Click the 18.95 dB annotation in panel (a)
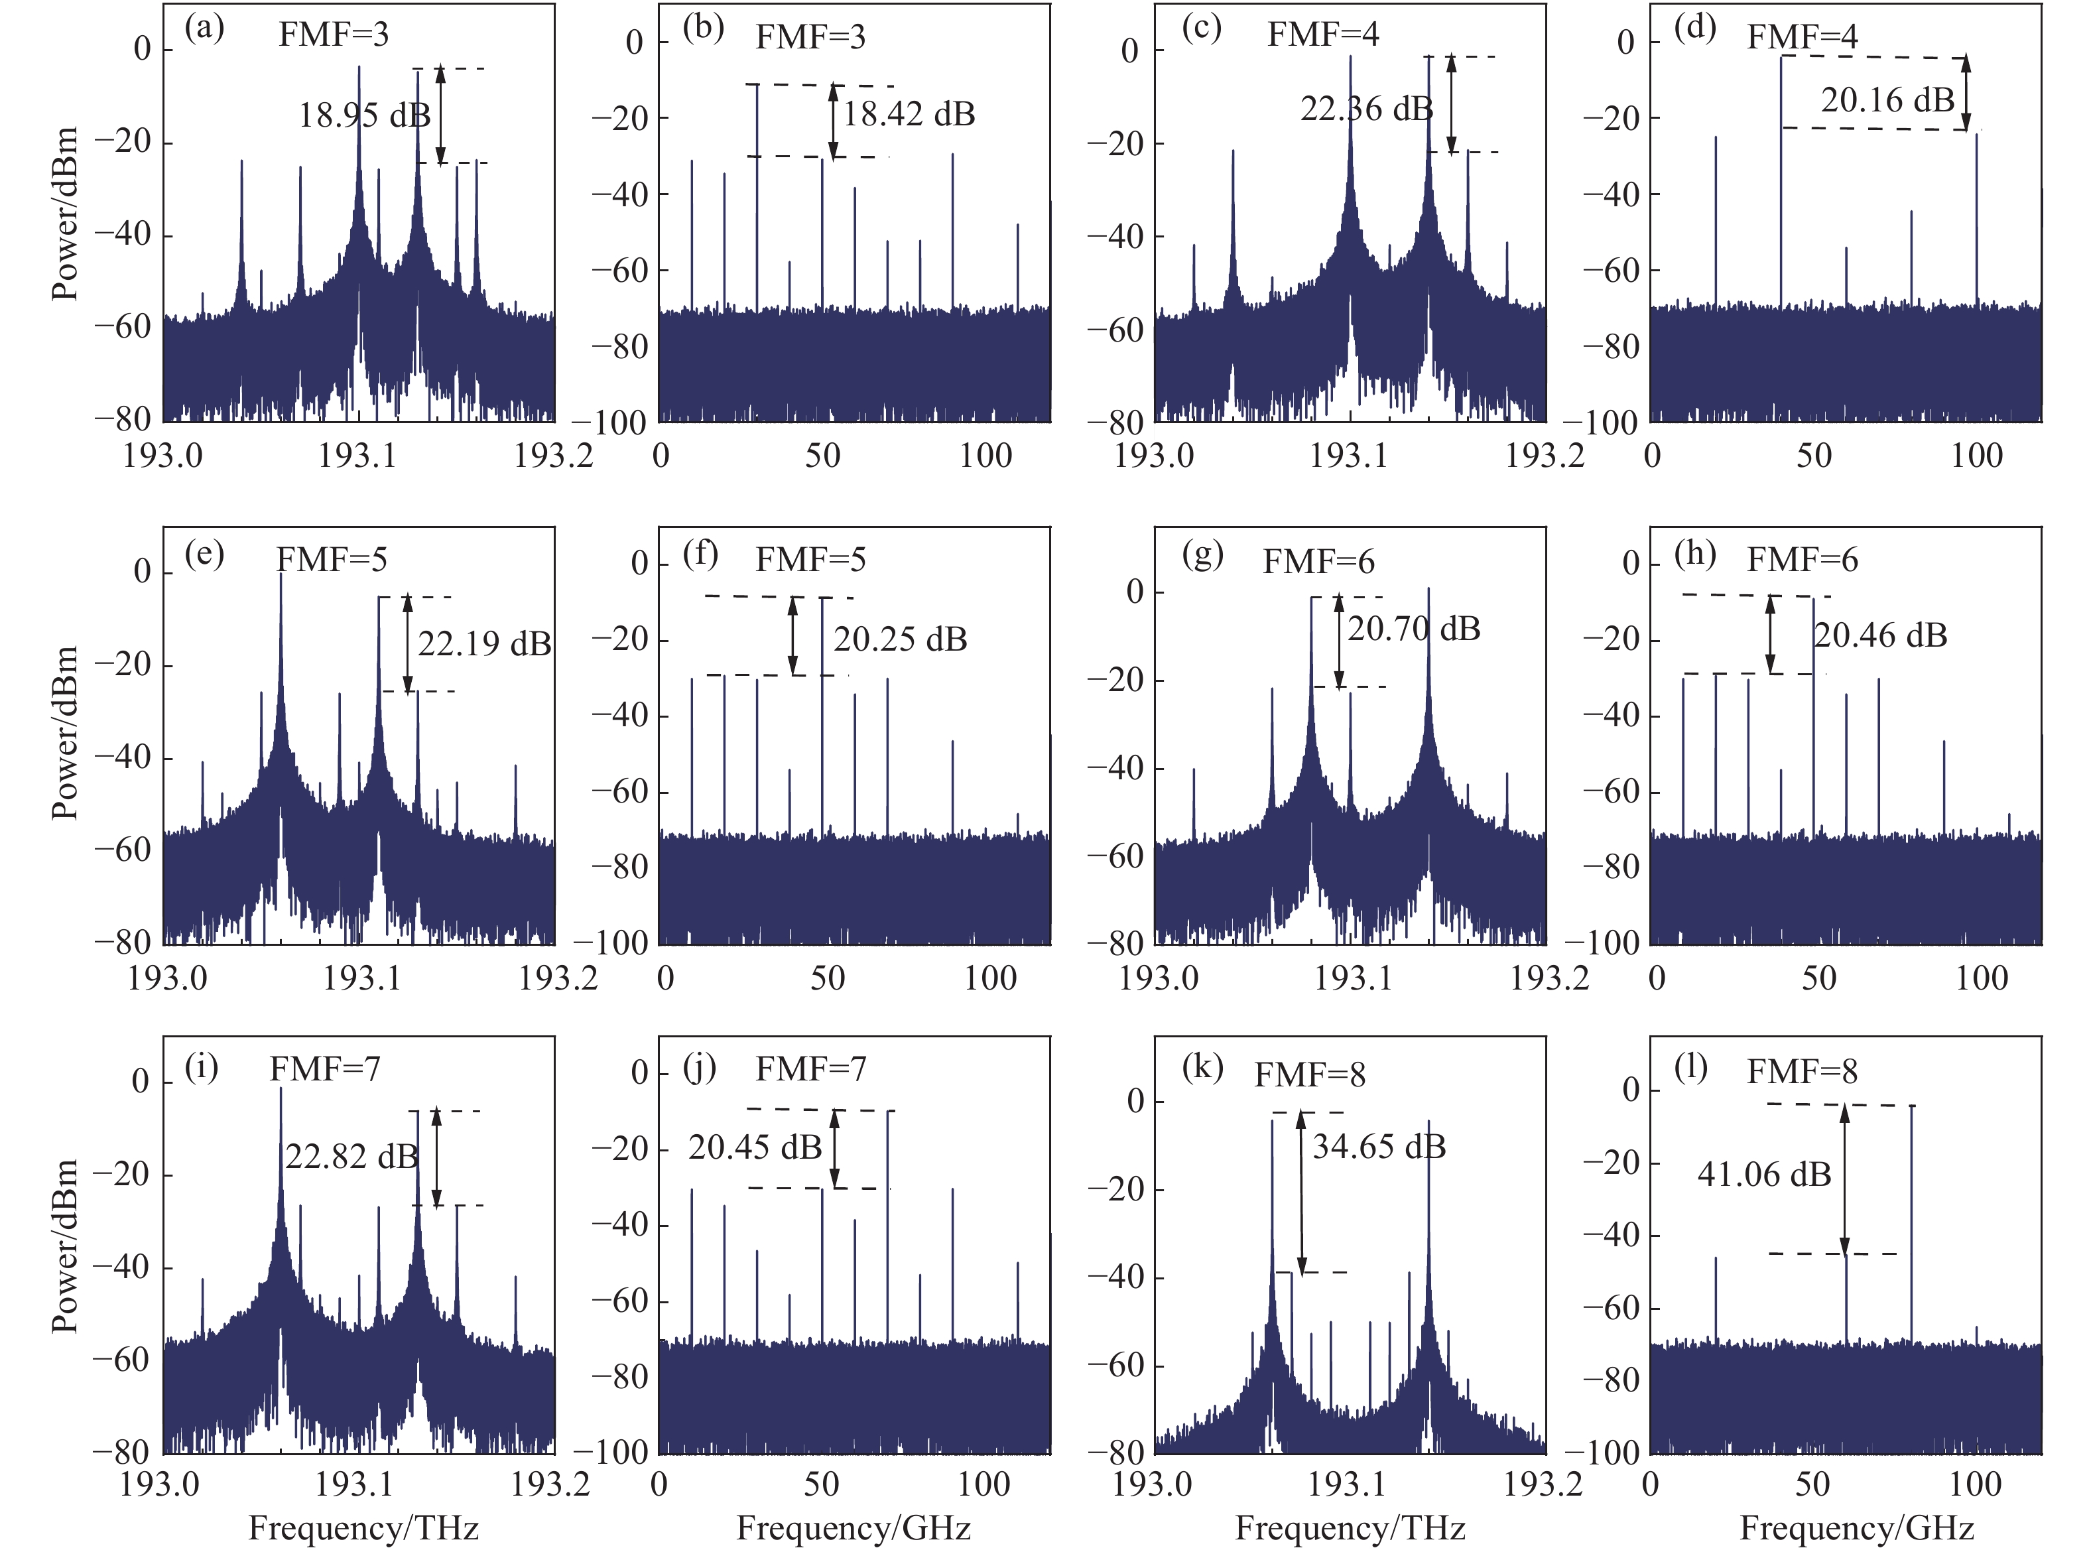point(364,115)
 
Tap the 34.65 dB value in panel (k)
point(1379,1147)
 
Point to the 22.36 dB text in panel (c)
point(1365,109)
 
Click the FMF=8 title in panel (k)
point(1309,1074)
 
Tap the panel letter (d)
point(1695,29)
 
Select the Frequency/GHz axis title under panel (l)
point(1856,1527)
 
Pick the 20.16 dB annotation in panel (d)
point(1887,99)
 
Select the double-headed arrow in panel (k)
point(1302,1193)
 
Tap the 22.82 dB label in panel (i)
point(351,1156)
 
